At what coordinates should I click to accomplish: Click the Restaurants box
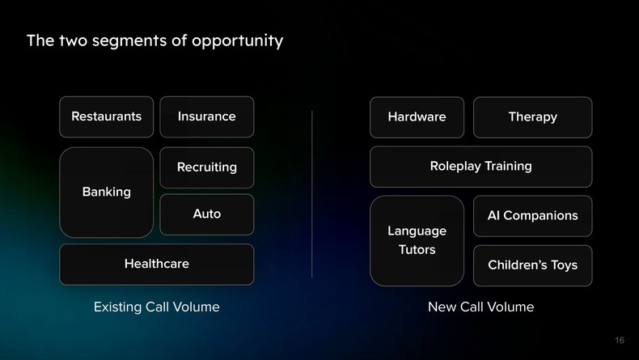(x=106, y=116)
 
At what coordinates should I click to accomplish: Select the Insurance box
(x=207, y=116)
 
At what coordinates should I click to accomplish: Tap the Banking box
(x=106, y=192)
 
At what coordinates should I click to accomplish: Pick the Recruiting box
(x=207, y=167)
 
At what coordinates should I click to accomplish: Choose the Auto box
(x=207, y=214)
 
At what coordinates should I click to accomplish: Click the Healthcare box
(x=156, y=264)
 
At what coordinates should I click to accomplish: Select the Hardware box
(x=417, y=117)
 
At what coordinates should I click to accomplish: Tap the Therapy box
(x=532, y=117)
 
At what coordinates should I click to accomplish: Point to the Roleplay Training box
(x=480, y=167)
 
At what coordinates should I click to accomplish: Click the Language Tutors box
(x=417, y=240)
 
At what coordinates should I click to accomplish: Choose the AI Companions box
(x=532, y=216)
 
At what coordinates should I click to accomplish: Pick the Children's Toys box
(x=532, y=265)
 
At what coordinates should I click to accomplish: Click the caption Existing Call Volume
(x=156, y=307)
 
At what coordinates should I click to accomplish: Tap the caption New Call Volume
(x=480, y=307)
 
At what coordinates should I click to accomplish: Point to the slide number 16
(x=619, y=341)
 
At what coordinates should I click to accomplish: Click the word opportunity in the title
(x=238, y=40)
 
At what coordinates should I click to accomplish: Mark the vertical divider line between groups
(x=312, y=194)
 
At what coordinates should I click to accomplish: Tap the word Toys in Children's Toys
(x=563, y=265)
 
